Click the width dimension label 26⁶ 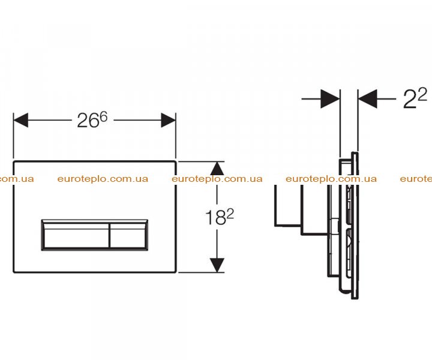[92, 121]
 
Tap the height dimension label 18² [220, 217]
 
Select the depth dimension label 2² [415, 98]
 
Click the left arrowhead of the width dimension [20, 120]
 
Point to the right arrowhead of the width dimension [169, 120]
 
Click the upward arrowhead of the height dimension [217, 168]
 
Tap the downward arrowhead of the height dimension [217, 265]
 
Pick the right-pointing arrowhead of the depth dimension [330, 98]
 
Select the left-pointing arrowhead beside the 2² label [368, 98]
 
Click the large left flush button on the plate [76, 235]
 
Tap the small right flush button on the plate [128, 235]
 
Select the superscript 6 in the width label [103, 118]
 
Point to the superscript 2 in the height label [230, 214]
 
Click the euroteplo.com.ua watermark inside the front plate [103, 179]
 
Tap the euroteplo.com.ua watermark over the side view [331, 179]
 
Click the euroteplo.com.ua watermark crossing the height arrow [217, 179]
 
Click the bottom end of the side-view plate [355, 298]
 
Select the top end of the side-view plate [355, 152]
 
